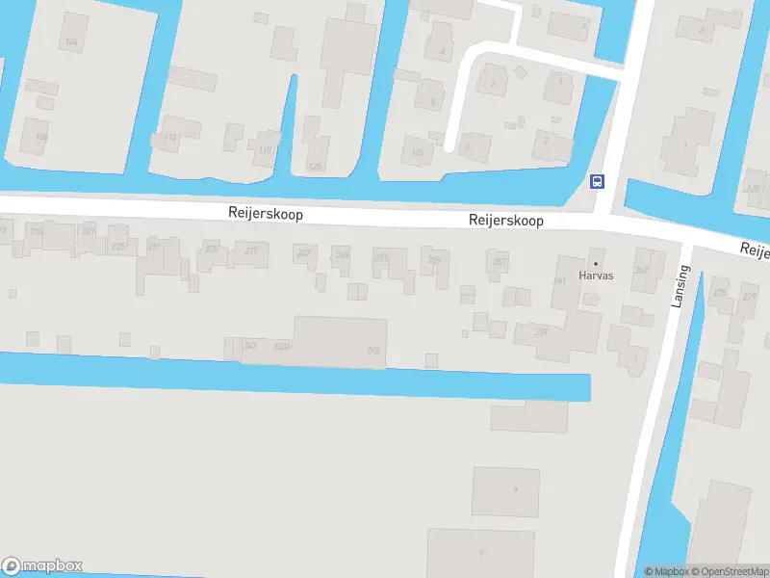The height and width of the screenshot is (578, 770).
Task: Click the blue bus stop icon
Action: (x=597, y=180)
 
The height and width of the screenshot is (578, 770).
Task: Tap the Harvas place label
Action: (x=595, y=275)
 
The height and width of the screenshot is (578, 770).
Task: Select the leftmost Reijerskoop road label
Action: (x=266, y=214)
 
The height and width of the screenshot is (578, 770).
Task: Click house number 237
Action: (x=251, y=250)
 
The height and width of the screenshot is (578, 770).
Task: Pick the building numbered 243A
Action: (x=282, y=346)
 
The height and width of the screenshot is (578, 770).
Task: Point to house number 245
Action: (x=373, y=351)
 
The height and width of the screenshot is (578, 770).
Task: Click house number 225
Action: (x=118, y=247)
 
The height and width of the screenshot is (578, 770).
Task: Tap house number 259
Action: (x=435, y=258)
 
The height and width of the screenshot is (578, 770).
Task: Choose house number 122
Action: (x=417, y=152)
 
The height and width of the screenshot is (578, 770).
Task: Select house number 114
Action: (x=171, y=138)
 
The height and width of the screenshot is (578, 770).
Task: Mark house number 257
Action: (x=499, y=261)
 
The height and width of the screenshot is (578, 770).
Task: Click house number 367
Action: (x=641, y=270)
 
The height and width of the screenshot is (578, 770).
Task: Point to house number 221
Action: (x=89, y=231)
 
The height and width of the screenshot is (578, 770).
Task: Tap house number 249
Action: (x=343, y=254)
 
